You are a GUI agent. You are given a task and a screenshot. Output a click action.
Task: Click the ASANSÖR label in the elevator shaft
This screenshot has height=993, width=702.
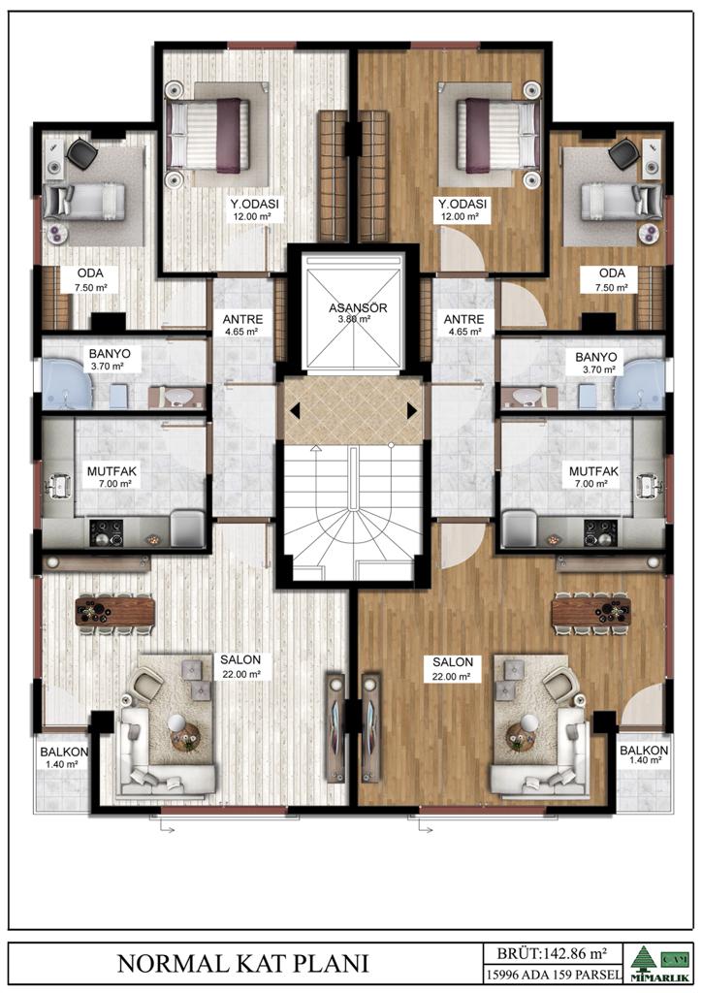click(x=358, y=307)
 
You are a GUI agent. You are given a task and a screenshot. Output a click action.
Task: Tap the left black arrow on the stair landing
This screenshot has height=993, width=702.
click(x=295, y=411)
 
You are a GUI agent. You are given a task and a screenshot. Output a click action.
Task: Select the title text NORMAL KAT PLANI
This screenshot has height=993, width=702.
click(x=243, y=963)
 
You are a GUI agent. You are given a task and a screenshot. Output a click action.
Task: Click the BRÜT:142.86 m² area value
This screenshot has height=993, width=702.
click(x=552, y=952)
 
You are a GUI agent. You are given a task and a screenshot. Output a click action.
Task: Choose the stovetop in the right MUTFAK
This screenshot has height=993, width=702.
click(x=600, y=533)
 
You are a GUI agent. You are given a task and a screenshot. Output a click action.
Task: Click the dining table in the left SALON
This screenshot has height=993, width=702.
click(x=115, y=612)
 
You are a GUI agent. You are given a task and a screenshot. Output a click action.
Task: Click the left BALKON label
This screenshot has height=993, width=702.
click(x=64, y=753)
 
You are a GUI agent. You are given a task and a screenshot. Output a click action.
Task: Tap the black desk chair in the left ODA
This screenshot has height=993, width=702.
click(x=81, y=154)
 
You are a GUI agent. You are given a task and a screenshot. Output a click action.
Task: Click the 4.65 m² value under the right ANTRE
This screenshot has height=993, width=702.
click(x=463, y=332)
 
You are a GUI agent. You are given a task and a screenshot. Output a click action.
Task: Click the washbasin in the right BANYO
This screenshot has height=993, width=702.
click(x=525, y=397)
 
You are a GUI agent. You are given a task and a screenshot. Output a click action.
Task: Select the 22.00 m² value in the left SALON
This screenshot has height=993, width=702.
click(x=241, y=675)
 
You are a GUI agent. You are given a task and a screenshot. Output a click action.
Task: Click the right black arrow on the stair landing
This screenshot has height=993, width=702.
click(x=412, y=411)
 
